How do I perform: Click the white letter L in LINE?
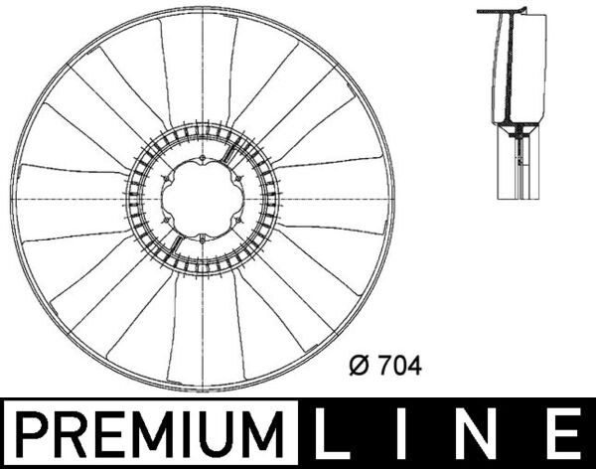[339, 435]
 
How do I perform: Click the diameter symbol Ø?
[360, 366]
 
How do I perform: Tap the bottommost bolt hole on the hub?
[203, 238]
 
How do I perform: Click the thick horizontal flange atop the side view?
[497, 12]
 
